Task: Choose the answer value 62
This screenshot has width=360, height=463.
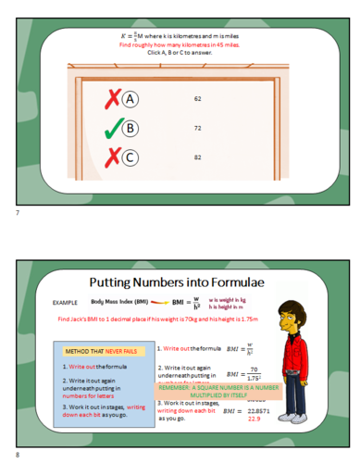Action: click(198, 98)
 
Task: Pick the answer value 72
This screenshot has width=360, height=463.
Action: click(198, 128)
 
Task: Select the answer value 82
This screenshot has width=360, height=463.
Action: click(198, 157)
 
